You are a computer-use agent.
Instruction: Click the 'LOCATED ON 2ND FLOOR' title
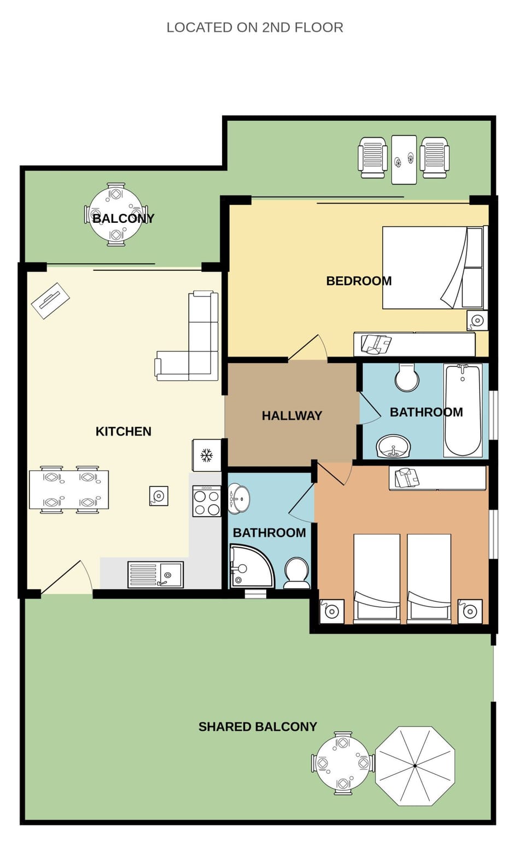(254, 28)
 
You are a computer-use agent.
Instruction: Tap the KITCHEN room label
(123, 431)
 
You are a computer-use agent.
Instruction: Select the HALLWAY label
(291, 416)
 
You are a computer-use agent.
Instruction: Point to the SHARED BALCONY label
(258, 727)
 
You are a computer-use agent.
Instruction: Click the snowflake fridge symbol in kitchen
(206, 455)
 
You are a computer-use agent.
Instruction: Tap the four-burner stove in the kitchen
(207, 501)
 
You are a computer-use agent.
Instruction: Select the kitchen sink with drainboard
(155, 574)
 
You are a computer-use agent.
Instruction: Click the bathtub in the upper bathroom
(463, 411)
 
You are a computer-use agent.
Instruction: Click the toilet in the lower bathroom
(297, 573)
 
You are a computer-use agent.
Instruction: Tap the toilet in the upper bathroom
(407, 377)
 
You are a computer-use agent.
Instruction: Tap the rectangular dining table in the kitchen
(69, 490)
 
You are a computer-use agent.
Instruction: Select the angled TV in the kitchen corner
(50, 300)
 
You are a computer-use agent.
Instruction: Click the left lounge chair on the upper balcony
(373, 157)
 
